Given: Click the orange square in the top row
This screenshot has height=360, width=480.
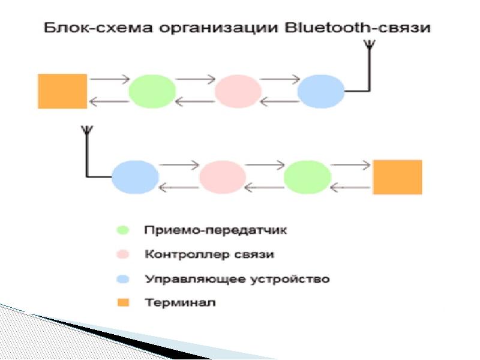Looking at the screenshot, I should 62,91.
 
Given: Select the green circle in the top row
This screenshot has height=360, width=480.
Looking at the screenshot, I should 152,91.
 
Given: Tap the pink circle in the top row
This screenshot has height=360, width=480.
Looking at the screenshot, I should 238,91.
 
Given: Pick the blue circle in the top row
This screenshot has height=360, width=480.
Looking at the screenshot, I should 321,91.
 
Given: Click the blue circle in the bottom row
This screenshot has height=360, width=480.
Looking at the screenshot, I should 135,177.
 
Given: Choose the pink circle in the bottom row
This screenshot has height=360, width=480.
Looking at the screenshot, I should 223,177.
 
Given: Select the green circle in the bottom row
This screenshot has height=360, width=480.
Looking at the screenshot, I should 307,177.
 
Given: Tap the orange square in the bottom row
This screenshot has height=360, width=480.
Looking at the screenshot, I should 397,177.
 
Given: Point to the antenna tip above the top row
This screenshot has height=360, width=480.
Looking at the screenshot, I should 370,43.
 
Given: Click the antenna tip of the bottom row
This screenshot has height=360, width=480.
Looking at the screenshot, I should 86,128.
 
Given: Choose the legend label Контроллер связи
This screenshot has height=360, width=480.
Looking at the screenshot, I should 209,254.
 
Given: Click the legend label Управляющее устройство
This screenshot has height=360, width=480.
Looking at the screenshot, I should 237,279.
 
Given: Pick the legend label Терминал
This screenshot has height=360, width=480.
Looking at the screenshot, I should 179,302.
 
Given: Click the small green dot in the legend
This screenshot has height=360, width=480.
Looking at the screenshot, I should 123,230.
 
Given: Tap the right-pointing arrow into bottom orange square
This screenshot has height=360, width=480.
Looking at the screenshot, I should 350,164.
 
